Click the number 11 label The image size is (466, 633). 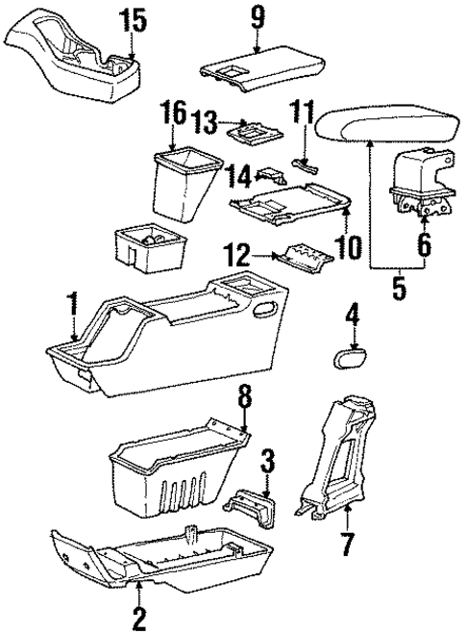(x=304, y=116)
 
